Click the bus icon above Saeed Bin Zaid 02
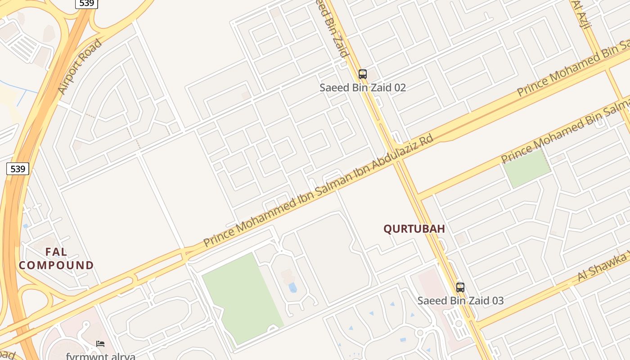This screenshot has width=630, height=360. tap(363, 74)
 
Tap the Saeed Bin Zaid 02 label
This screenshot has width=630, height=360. tap(363, 87)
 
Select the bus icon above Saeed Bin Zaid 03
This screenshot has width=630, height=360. tap(460, 288)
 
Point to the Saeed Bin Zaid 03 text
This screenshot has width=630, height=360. tap(460, 301)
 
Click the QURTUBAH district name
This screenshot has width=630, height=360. tap(414, 229)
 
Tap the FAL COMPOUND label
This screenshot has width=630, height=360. tap(56, 258)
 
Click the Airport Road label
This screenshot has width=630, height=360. tap(81, 66)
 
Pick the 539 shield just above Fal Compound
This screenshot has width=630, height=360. tap(18, 169)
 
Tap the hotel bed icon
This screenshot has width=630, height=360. tap(100, 344)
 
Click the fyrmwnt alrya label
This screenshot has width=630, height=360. tap(100, 356)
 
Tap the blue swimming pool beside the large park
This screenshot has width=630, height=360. tap(293, 288)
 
